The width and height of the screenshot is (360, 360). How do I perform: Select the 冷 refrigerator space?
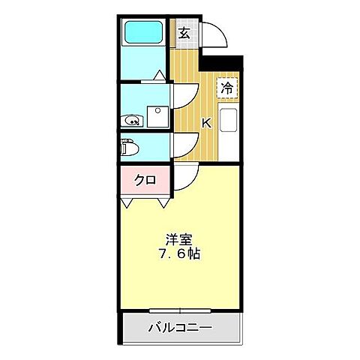pyautogui.click(x=226, y=87)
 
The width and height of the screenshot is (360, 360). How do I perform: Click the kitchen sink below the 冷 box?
pyautogui.click(x=228, y=120)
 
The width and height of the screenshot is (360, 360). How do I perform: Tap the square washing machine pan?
pyautogui.click(x=157, y=116)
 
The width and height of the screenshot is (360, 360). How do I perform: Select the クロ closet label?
pyautogui.click(x=145, y=179)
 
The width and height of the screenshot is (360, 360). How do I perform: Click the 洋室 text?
pyautogui.click(x=179, y=239)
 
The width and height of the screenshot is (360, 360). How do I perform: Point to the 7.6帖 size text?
pyautogui.click(x=179, y=253)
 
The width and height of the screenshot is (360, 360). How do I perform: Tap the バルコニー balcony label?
pyautogui.click(x=179, y=328)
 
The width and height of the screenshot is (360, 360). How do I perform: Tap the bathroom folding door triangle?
pyautogui.click(x=159, y=74)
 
